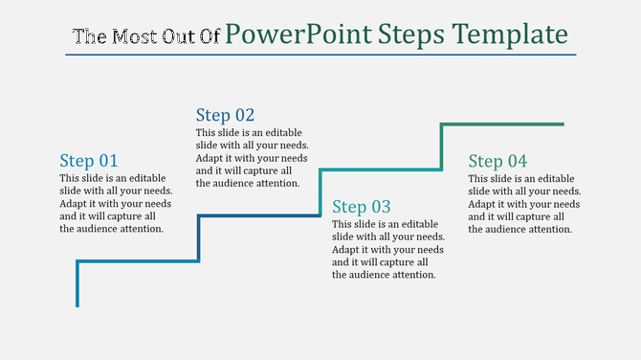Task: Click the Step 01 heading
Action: pyautogui.click(x=88, y=161)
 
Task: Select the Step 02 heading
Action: pyautogui.click(x=225, y=115)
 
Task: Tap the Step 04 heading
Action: pyautogui.click(x=497, y=161)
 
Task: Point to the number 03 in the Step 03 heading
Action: pyautogui.click(x=381, y=207)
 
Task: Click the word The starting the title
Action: pyautogui.click(x=89, y=37)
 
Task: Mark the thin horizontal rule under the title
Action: pyautogui.click(x=320, y=55)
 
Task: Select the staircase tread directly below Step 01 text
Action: pyautogui.click(x=138, y=260)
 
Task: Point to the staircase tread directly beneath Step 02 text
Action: pyautogui.click(x=259, y=215)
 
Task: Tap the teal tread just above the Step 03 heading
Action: pyautogui.click(x=381, y=169)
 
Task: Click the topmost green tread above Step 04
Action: pyautogui.click(x=502, y=124)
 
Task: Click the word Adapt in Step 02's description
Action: pyautogui.click(x=211, y=158)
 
